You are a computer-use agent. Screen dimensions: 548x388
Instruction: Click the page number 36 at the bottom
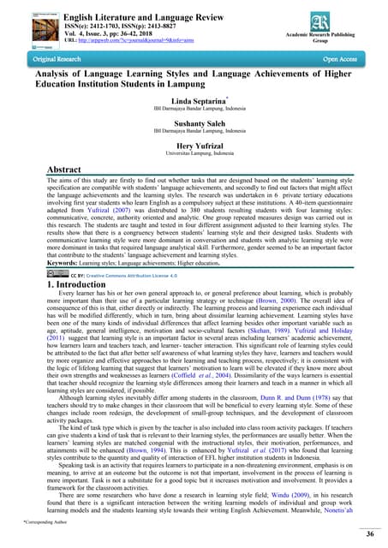coord(370,535)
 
